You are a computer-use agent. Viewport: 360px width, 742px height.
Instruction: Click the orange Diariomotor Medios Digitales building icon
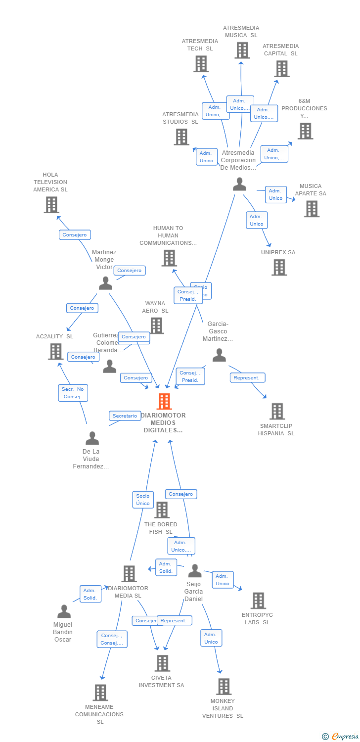164,401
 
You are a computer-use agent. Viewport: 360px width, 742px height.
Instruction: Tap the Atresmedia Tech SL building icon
200,64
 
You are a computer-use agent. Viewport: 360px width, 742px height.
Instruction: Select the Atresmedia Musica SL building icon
241,50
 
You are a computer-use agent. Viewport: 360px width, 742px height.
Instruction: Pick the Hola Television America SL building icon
51,204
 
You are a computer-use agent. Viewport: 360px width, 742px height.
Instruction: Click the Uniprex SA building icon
279,267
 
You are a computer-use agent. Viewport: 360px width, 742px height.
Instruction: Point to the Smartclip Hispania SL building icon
277,411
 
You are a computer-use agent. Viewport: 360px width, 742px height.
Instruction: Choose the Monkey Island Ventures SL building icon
224,686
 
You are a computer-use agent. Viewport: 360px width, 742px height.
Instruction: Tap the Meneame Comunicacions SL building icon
100,693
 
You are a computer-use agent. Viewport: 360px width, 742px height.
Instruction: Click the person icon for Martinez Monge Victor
105,283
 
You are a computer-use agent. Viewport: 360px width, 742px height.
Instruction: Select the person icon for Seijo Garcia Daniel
195,571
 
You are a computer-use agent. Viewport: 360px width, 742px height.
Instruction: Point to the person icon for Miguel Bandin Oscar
64,611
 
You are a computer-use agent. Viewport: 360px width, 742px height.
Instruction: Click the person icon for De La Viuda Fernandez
92,438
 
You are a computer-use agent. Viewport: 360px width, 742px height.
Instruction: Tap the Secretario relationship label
125,416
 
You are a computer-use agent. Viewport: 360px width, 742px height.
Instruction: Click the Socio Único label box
143,500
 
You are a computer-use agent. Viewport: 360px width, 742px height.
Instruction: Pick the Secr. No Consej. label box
73,393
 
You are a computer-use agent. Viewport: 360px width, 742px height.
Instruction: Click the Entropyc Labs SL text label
257,618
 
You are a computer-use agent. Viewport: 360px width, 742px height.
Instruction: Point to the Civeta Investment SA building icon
162,663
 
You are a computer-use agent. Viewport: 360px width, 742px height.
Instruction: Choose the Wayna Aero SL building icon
157,325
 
